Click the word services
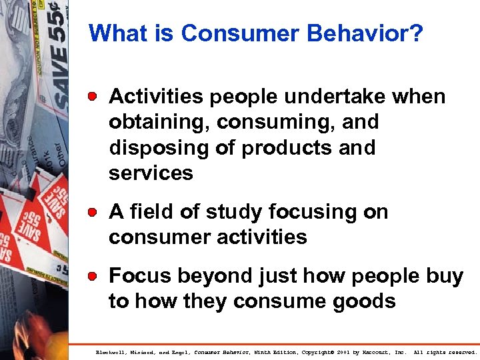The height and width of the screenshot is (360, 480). click(151, 173)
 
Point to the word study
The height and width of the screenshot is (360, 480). click(229, 212)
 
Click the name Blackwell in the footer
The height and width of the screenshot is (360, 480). click(110, 351)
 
